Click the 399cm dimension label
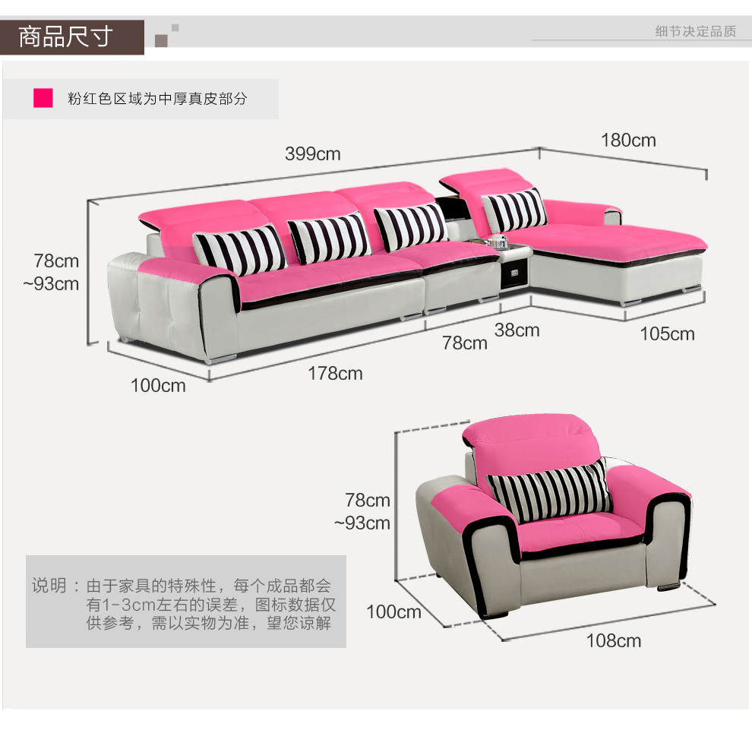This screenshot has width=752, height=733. [313, 154]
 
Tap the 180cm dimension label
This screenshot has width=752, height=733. [628, 141]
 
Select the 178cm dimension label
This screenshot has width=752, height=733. [335, 374]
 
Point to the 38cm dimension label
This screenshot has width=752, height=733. [517, 330]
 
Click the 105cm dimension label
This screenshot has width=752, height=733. [667, 334]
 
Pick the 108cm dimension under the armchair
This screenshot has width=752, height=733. [614, 641]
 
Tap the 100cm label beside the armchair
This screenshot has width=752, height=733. [393, 612]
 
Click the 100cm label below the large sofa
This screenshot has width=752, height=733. [158, 386]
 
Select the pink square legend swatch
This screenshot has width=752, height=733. [43, 98]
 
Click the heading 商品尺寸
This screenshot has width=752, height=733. [66, 36]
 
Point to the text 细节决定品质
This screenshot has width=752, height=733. [696, 31]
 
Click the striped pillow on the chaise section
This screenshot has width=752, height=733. [515, 209]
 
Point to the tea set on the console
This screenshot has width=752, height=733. [498, 242]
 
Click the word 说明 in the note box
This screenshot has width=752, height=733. [49, 586]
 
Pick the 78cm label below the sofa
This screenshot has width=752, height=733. [465, 343]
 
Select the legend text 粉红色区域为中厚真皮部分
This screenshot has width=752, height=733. [157, 99]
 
